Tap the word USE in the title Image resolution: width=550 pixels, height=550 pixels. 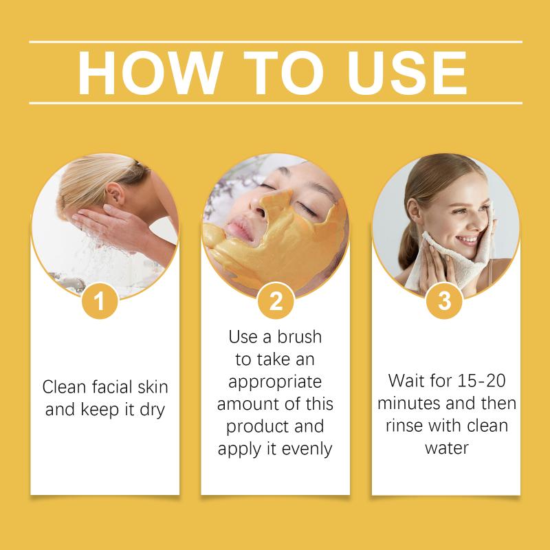point(407,73)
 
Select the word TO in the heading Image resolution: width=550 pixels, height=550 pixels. point(283,73)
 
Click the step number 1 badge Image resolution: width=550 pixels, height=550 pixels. point(100,301)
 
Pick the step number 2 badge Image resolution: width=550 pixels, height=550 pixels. point(276,301)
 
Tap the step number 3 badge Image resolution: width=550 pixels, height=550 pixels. point(444,301)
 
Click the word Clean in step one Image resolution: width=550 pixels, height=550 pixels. point(64,387)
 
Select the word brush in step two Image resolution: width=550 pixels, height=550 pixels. point(299,337)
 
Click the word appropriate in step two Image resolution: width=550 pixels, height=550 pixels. point(275,383)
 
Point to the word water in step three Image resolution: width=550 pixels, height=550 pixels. point(447,449)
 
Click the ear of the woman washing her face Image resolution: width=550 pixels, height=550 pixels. point(115,195)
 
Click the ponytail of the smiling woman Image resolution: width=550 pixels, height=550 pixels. point(410,243)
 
